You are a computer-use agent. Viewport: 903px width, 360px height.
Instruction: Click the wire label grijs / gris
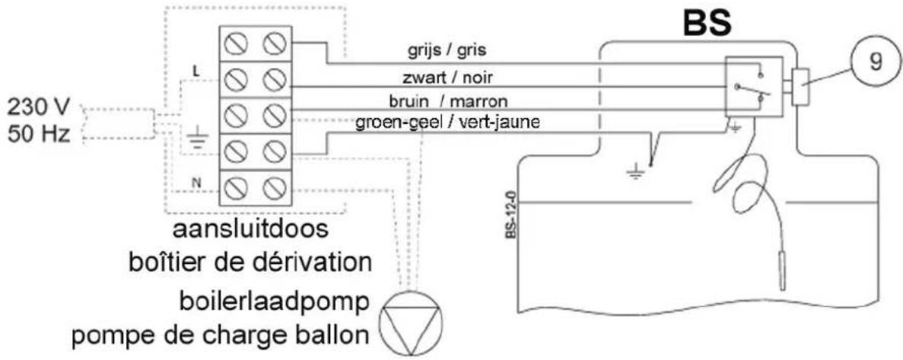coord(447,51)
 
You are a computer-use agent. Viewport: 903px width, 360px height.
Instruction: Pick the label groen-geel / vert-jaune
coord(447,123)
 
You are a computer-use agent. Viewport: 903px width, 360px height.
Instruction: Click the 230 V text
coord(39,107)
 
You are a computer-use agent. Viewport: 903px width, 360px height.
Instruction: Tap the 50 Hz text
coord(39,134)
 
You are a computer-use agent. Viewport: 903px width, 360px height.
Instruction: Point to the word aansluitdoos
coord(251,231)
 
